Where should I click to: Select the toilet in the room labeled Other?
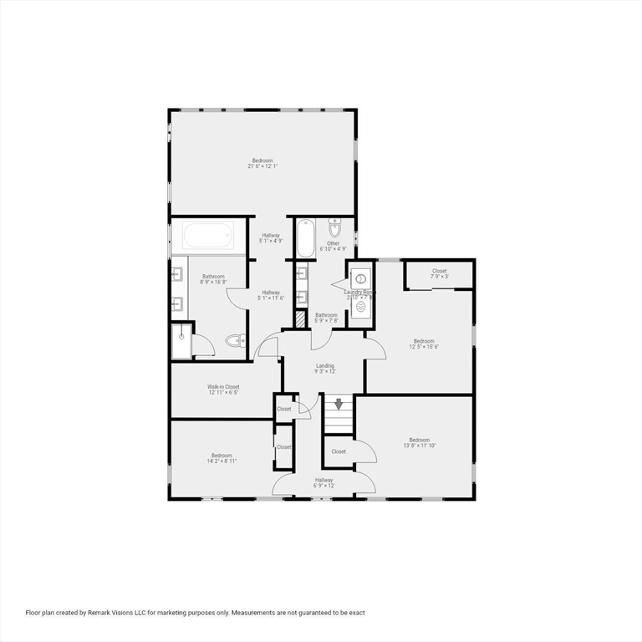point(335,228)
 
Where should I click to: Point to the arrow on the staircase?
point(339,405)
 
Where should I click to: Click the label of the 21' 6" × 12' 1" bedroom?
point(262,163)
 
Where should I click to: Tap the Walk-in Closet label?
point(223,390)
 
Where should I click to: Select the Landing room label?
point(325,369)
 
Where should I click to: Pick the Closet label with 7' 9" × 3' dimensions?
point(439,273)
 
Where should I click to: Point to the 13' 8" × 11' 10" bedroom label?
point(419,443)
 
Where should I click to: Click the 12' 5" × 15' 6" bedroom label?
point(424,344)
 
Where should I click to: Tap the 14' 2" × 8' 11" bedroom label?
point(222,458)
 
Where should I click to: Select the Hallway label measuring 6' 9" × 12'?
point(324,482)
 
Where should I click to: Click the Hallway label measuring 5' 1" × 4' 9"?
point(271,238)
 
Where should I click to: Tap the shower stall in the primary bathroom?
point(181,341)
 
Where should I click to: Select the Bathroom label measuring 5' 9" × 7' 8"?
point(326,317)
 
